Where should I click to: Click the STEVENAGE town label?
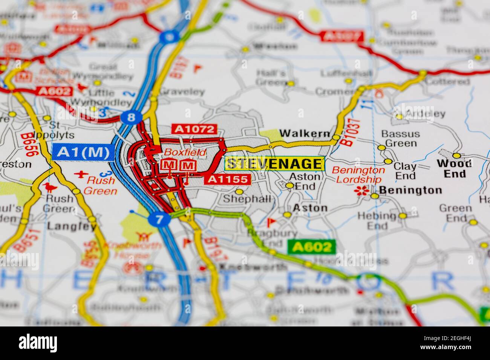pos(274,163)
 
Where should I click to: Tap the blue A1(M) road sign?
pos(83,153)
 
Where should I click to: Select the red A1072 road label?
pos(194,129)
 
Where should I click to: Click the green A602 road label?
pos(311,247)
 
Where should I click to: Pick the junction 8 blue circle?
pos(131,117)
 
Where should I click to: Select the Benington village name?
pos(410,190)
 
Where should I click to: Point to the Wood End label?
pos(454,168)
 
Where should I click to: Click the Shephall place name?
pos(247,199)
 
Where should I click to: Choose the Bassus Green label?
pos(400,139)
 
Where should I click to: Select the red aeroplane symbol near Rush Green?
pos(80,174)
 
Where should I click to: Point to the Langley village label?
pos(72,226)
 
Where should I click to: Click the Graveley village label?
pos(182,92)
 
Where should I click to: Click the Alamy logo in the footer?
pos(38,343)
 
